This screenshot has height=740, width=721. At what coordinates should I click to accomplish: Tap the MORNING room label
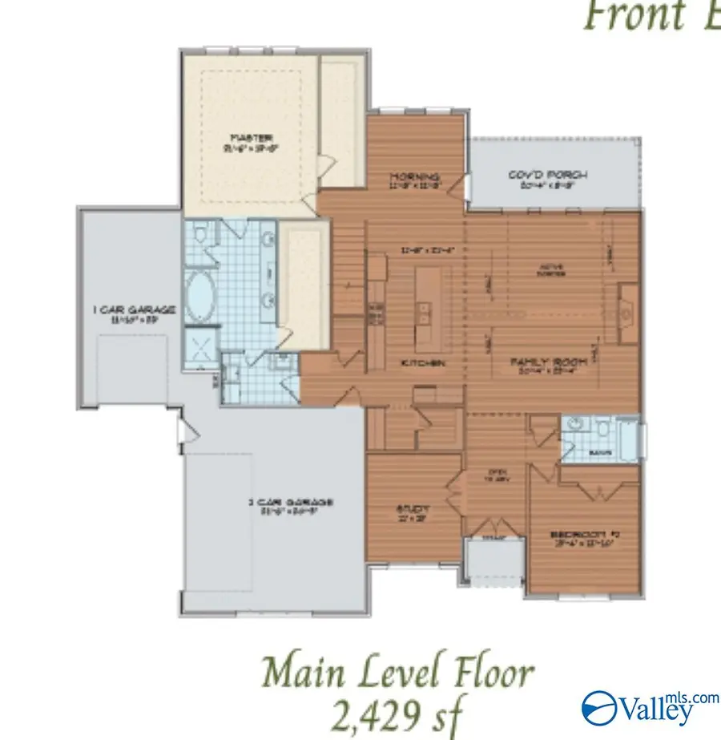tap(414, 177)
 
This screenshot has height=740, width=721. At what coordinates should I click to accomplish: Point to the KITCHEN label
tap(423, 363)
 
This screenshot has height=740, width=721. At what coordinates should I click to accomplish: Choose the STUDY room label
tap(414, 508)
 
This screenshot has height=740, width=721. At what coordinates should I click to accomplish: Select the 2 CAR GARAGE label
tap(289, 503)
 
